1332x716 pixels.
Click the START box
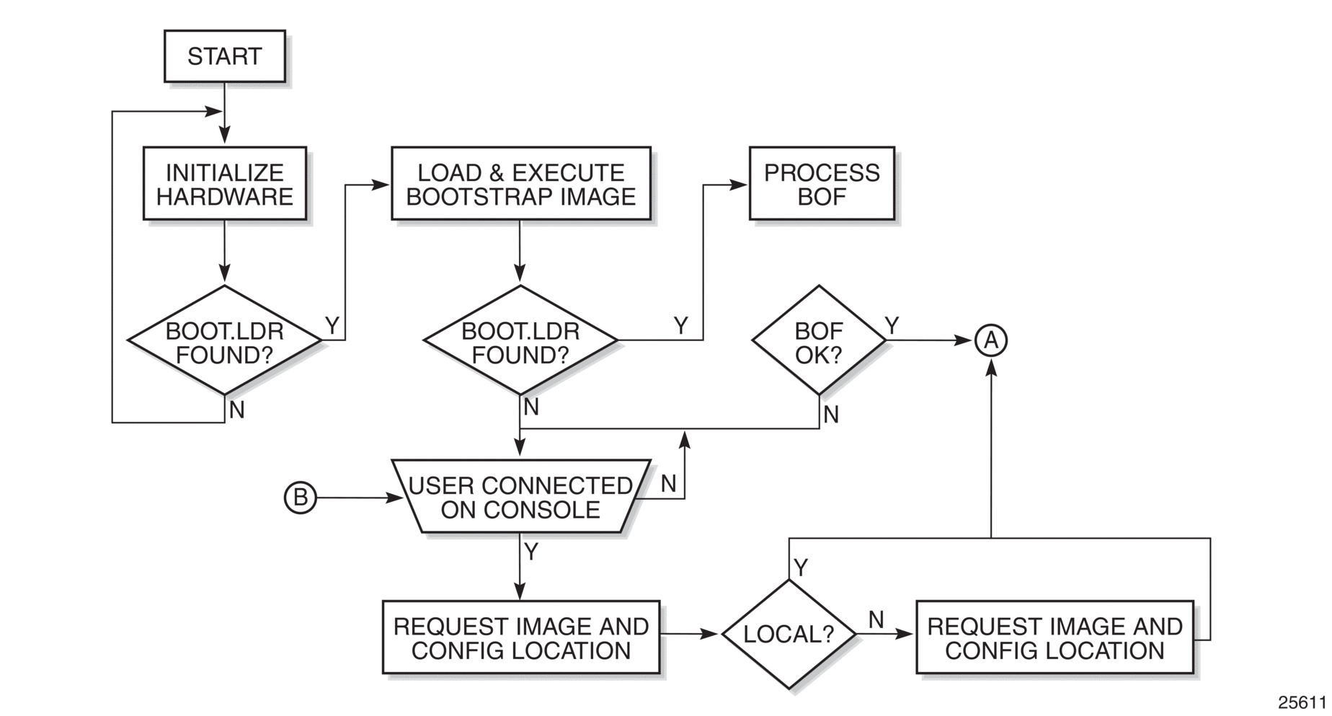[224, 56]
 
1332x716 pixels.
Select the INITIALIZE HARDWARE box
[224, 184]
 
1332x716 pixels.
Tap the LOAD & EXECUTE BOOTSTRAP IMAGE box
[520, 184]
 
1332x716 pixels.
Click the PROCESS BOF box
[822, 184]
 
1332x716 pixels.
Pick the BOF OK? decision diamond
[819, 340]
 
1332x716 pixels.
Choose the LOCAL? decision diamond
[789, 635]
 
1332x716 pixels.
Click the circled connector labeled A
[991, 340]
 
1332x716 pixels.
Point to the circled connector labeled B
[300, 498]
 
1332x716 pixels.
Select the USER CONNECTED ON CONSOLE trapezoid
[520, 498]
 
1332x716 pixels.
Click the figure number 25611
[1302, 702]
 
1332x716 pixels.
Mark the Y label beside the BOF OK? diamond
[892, 326]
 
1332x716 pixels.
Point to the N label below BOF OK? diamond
[831, 415]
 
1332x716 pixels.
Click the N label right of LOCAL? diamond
[876, 619]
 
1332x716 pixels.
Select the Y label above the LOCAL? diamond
[801, 567]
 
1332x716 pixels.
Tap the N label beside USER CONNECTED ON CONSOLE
[668, 484]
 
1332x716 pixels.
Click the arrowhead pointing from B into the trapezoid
[395, 498]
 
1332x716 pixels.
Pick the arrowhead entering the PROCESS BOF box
[740, 185]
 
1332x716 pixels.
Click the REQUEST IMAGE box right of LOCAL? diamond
[1054, 638]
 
